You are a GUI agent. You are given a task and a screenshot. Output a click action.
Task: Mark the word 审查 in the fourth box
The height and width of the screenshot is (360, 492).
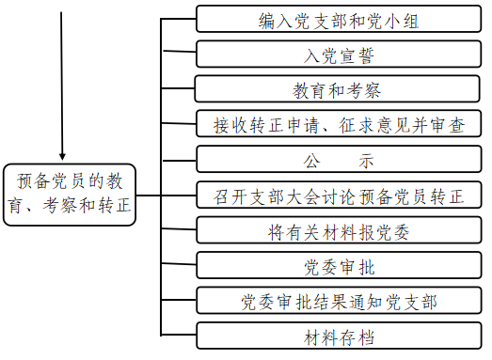446,124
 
